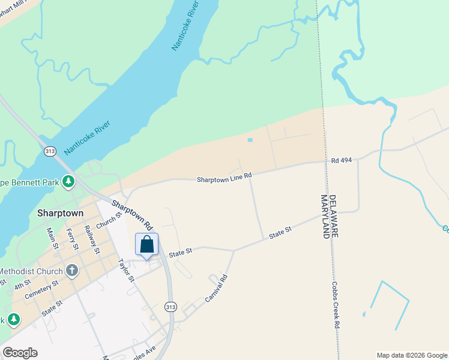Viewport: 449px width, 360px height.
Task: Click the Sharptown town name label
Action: (x=60, y=213)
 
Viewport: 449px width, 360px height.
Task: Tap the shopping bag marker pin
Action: (x=147, y=245)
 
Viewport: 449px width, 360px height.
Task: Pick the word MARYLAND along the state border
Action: (x=325, y=217)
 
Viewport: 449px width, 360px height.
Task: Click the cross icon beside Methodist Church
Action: (x=72, y=270)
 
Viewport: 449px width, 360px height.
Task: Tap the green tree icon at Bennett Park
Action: (x=69, y=181)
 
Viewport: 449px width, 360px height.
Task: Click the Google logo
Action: (x=20, y=353)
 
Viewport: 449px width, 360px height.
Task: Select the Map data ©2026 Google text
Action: (x=412, y=355)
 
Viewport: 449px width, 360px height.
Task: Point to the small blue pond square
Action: (x=250, y=140)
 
